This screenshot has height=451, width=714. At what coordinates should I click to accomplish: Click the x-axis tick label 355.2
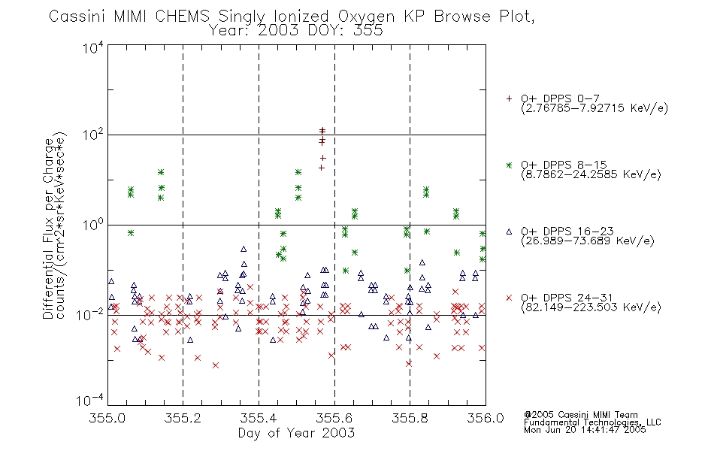(x=183, y=418)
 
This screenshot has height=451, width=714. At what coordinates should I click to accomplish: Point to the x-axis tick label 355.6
(x=334, y=418)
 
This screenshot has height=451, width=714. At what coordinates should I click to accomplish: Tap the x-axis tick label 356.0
(x=486, y=418)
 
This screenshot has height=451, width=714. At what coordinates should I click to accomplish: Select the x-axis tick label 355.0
(x=107, y=418)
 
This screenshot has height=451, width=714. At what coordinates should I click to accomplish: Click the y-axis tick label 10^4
(x=93, y=47)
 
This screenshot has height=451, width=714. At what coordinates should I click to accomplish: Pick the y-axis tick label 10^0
(x=93, y=225)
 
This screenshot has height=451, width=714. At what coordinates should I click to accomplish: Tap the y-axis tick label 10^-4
(x=91, y=401)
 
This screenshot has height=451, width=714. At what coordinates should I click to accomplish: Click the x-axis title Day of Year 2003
(x=296, y=433)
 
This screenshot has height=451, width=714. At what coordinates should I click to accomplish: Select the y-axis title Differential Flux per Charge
(x=48, y=229)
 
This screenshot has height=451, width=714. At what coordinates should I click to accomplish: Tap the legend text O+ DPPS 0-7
(x=560, y=98)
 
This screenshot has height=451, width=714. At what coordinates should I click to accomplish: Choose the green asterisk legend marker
(x=509, y=165)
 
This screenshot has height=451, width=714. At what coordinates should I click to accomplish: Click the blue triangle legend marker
(x=509, y=232)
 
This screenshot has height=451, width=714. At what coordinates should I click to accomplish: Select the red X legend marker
(x=509, y=298)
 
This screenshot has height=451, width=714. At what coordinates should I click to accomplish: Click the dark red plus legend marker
(x=509, y=98)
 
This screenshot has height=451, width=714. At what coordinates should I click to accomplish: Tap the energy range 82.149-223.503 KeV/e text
(x=591, y=307)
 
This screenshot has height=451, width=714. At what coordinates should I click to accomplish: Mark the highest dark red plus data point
(x=322, y=131)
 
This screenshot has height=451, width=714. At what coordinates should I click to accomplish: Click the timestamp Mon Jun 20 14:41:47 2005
(x=585, y=430)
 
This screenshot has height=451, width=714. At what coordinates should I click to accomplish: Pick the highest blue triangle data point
(x=244, y=250)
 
